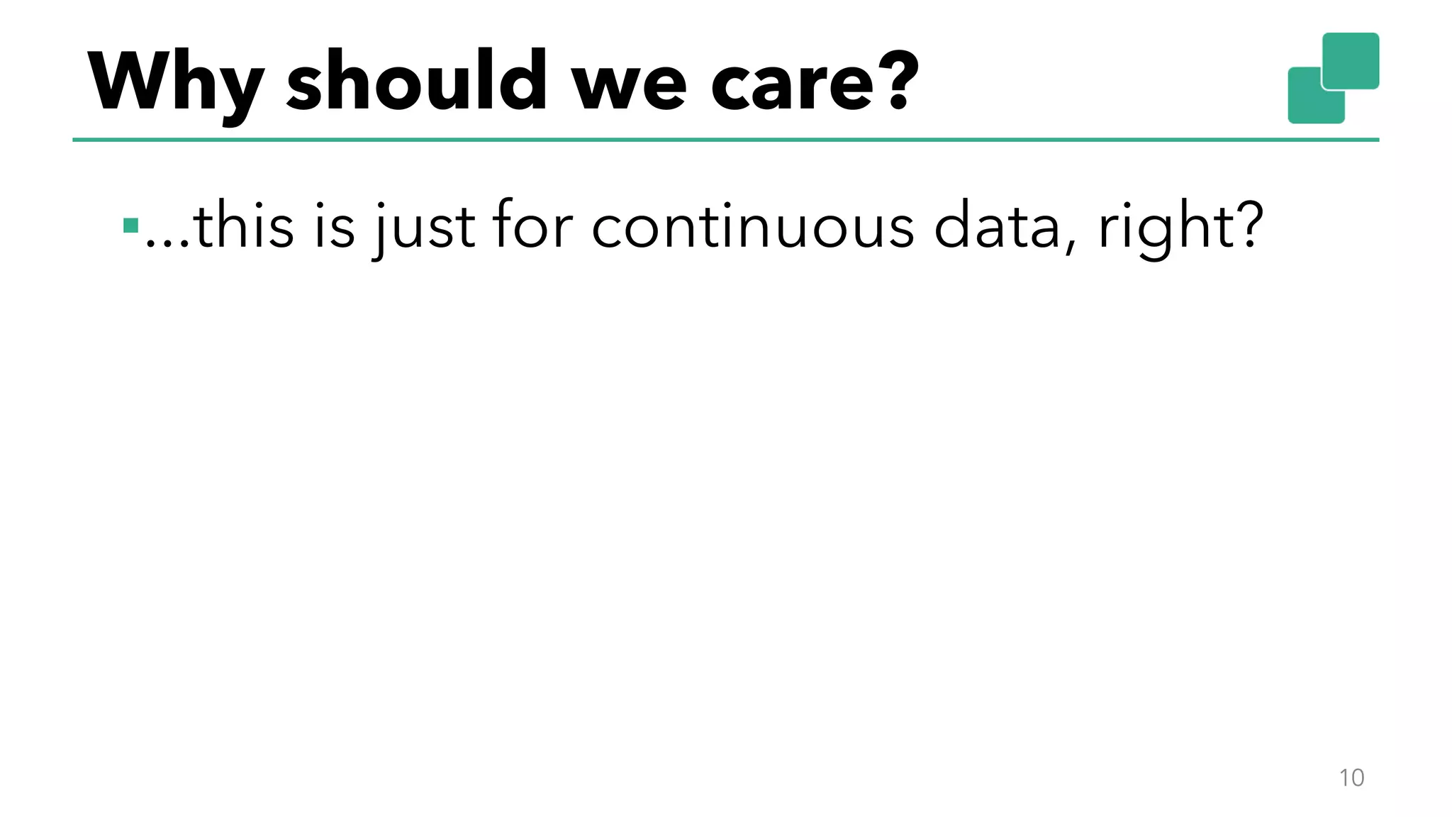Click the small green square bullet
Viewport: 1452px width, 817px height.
coord(130,226)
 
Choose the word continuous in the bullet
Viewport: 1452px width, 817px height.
coord(752,227)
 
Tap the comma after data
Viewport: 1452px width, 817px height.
coord(1070,245)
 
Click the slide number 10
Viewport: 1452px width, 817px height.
coord(1351,777)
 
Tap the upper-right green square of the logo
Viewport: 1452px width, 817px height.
coord(1351,60)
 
